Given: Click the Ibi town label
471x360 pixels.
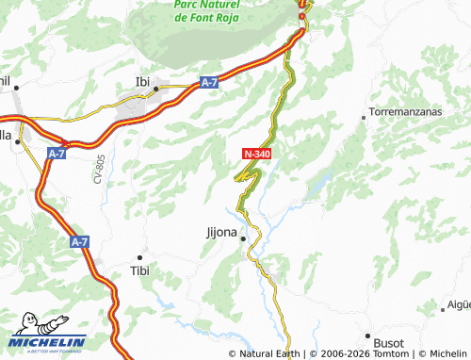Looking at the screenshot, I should coord(143,80).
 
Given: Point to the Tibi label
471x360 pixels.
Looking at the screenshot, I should coord(139,271).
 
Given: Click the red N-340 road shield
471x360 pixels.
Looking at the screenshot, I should coord(258,152).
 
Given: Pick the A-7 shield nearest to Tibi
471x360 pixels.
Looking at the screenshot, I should coord(79,242).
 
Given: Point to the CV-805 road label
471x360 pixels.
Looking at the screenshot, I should coord(97,169).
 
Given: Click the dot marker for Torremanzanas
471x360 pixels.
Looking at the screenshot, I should coord(365,117).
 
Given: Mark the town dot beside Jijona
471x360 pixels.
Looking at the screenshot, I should coord(243,238).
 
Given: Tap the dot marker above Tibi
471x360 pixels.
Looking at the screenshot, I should coord(140,257).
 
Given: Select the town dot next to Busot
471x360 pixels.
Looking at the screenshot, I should coord(367,335).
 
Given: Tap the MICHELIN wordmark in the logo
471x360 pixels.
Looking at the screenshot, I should coord(58,342).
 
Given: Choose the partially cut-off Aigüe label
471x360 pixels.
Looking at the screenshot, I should coord(459,304).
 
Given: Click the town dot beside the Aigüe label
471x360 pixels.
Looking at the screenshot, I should coord(443,309).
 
